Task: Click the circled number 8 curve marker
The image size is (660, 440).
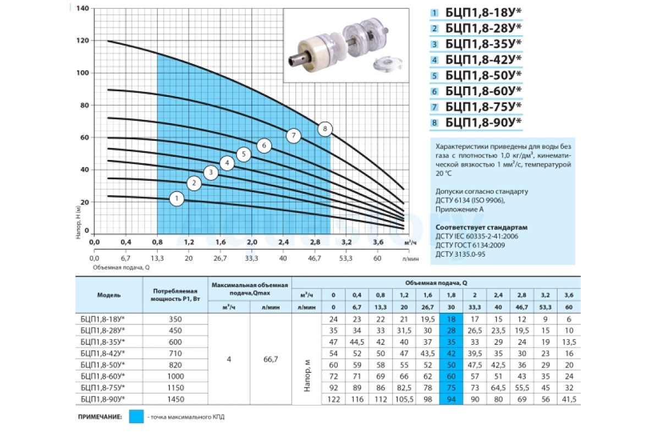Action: [324, 129]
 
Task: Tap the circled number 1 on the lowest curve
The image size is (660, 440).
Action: [177, 199]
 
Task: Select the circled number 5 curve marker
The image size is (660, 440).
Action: [244, 154]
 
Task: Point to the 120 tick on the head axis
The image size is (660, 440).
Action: [82, 40]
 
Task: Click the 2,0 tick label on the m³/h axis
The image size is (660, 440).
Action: [252, 242]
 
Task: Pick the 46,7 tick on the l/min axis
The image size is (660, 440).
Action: [315, 258]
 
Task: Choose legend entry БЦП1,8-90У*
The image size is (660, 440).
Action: [483, 122]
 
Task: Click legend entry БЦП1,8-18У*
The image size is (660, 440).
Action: [483, 13]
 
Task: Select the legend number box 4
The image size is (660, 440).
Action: [435, 60]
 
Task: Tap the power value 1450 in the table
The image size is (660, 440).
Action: [175, 399]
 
